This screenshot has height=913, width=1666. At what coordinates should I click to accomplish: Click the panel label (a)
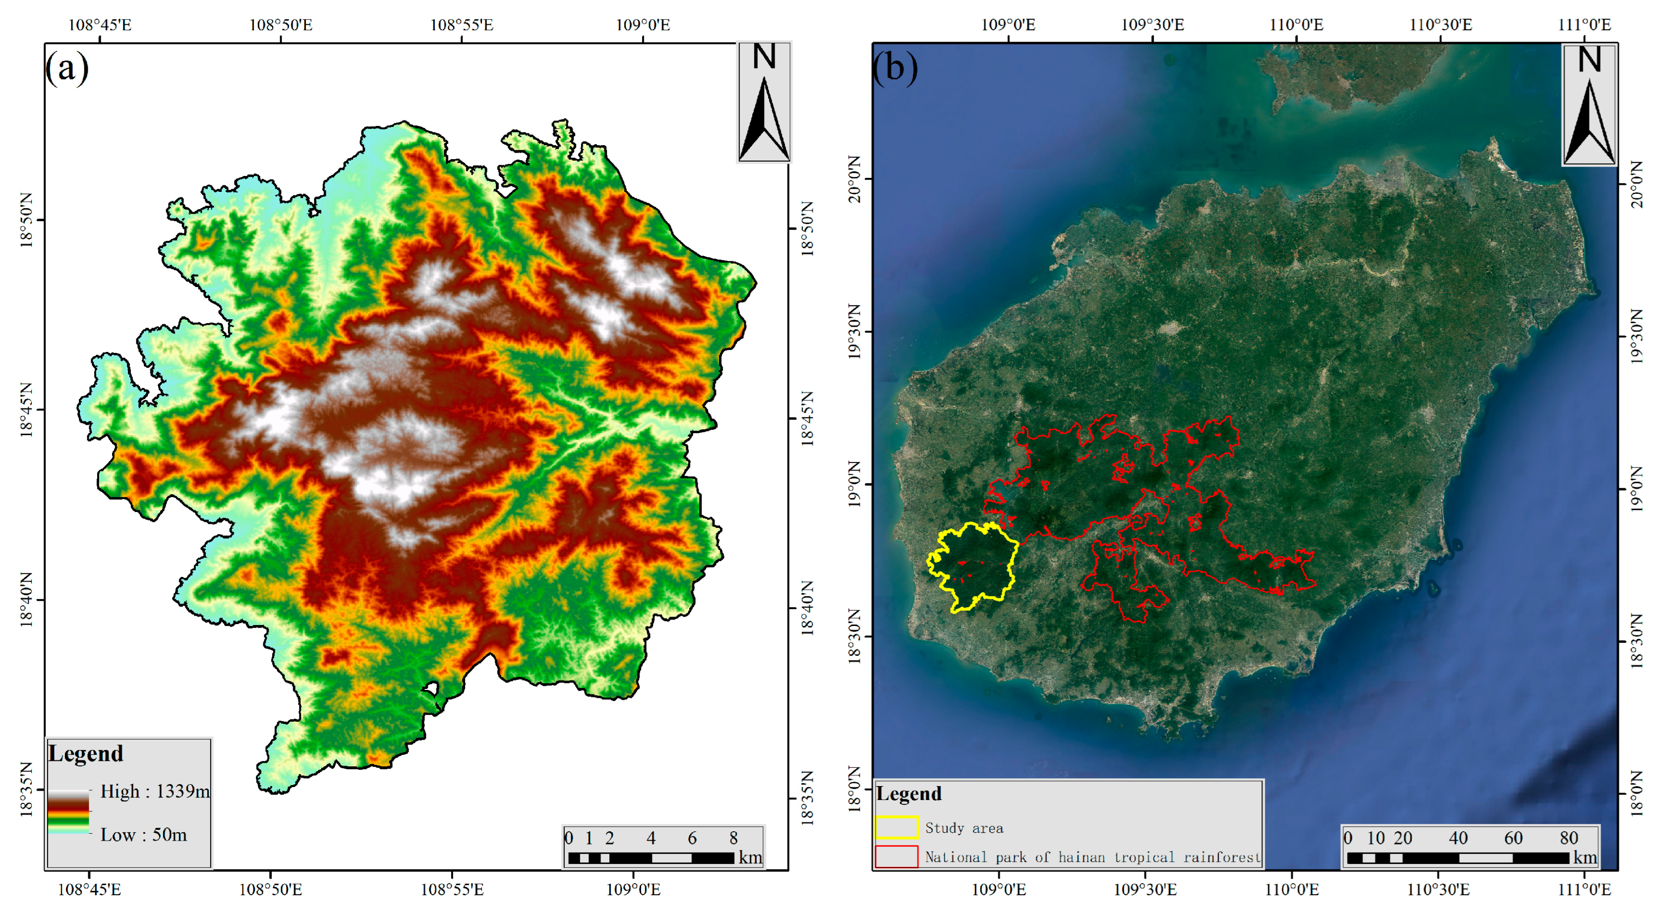tap(66, 68)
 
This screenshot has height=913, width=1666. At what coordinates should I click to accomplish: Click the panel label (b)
tap(894, 68)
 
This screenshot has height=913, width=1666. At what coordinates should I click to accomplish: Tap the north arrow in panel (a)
tap(764, 102)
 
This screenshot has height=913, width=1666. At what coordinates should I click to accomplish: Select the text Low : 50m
tap(144, 834)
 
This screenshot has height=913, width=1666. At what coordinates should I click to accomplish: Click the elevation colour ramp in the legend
tap(68, 812)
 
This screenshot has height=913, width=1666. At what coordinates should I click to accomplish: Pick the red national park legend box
tap(896, 856)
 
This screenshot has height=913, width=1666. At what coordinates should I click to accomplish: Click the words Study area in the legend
tap(963, 828)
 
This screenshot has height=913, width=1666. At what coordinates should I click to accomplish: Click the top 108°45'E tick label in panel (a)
tap(100, 25)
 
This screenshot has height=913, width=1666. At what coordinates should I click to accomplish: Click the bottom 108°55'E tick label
tap(452, 889)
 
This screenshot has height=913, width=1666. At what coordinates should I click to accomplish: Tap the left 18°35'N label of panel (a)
tap(26, 789)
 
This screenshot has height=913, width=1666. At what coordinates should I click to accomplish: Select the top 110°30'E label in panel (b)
tap(1440, 25)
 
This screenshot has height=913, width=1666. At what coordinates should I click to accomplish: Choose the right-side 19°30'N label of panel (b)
tap(1636, 336)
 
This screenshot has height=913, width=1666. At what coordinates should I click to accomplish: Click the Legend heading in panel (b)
tap(909, 794)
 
